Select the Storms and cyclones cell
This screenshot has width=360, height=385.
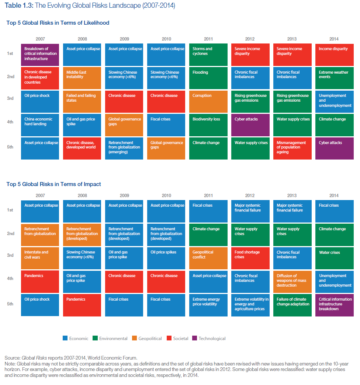208,55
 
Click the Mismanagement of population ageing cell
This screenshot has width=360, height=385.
292,148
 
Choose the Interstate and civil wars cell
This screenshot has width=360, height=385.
40,258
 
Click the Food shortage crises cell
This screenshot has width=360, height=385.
250,258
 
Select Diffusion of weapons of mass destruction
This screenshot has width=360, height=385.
292,281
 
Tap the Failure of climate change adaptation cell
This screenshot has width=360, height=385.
292,305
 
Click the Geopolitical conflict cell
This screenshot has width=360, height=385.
208,258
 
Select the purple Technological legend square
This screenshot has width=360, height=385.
195,338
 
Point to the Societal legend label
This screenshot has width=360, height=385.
181,338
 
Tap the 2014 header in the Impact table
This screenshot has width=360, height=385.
334,196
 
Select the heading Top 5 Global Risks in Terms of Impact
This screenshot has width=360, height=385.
54,184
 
